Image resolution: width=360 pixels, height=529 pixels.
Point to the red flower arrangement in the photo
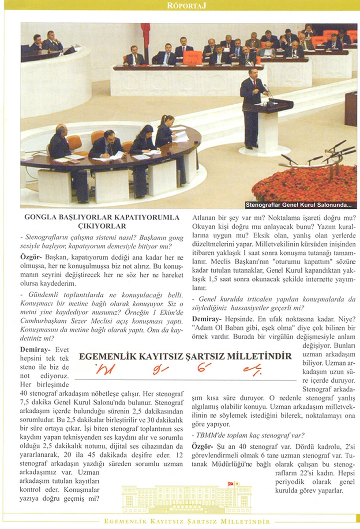304,181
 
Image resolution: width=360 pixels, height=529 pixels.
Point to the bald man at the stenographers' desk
60,141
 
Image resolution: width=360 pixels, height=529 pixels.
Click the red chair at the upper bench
192,57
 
